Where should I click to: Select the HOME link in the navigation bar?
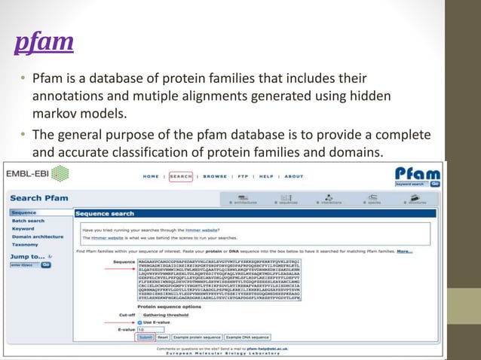tap(151, 176)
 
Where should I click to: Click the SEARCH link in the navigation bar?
tap(181, 176)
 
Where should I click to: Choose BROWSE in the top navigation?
tap(215, 176)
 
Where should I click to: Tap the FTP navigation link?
tap(243, 176)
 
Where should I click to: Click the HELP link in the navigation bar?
tap(266, 176)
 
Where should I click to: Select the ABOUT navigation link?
tap(294, 176)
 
